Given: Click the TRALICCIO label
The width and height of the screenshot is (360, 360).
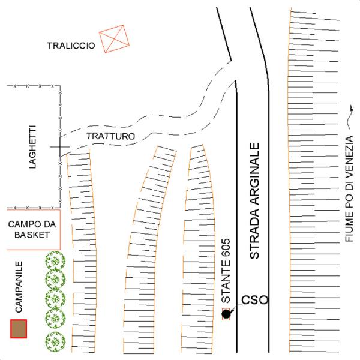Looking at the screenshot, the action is pyautogui.click(x=71, y=46).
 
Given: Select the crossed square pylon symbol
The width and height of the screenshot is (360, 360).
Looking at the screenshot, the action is pyautogui.click(x=115, y=39).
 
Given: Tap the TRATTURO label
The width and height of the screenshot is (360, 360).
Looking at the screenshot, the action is pyautogui.click(x=110, y=136).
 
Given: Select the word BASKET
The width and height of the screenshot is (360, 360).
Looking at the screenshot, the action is pyautogui.click(x=32, y=235).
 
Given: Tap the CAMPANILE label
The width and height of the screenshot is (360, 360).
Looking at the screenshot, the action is pyautogui.click(x=19, y=287).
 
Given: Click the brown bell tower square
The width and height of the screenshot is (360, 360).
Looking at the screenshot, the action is pyautogui.click(x=19, y=329).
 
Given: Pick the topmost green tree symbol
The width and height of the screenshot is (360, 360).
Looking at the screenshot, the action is pyautogui.click(x=55, y=261).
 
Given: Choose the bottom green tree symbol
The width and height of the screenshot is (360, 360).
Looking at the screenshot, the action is pyautogui.click(x=55, y=340).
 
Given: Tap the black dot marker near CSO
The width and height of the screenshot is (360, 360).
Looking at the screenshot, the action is pyautogui.click(x=226, y=314).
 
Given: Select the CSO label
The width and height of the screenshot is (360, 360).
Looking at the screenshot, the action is pyautogui.click(x=254, y=299).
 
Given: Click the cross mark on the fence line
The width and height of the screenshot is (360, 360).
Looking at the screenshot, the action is pyautogui.click(x=60, y=146).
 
